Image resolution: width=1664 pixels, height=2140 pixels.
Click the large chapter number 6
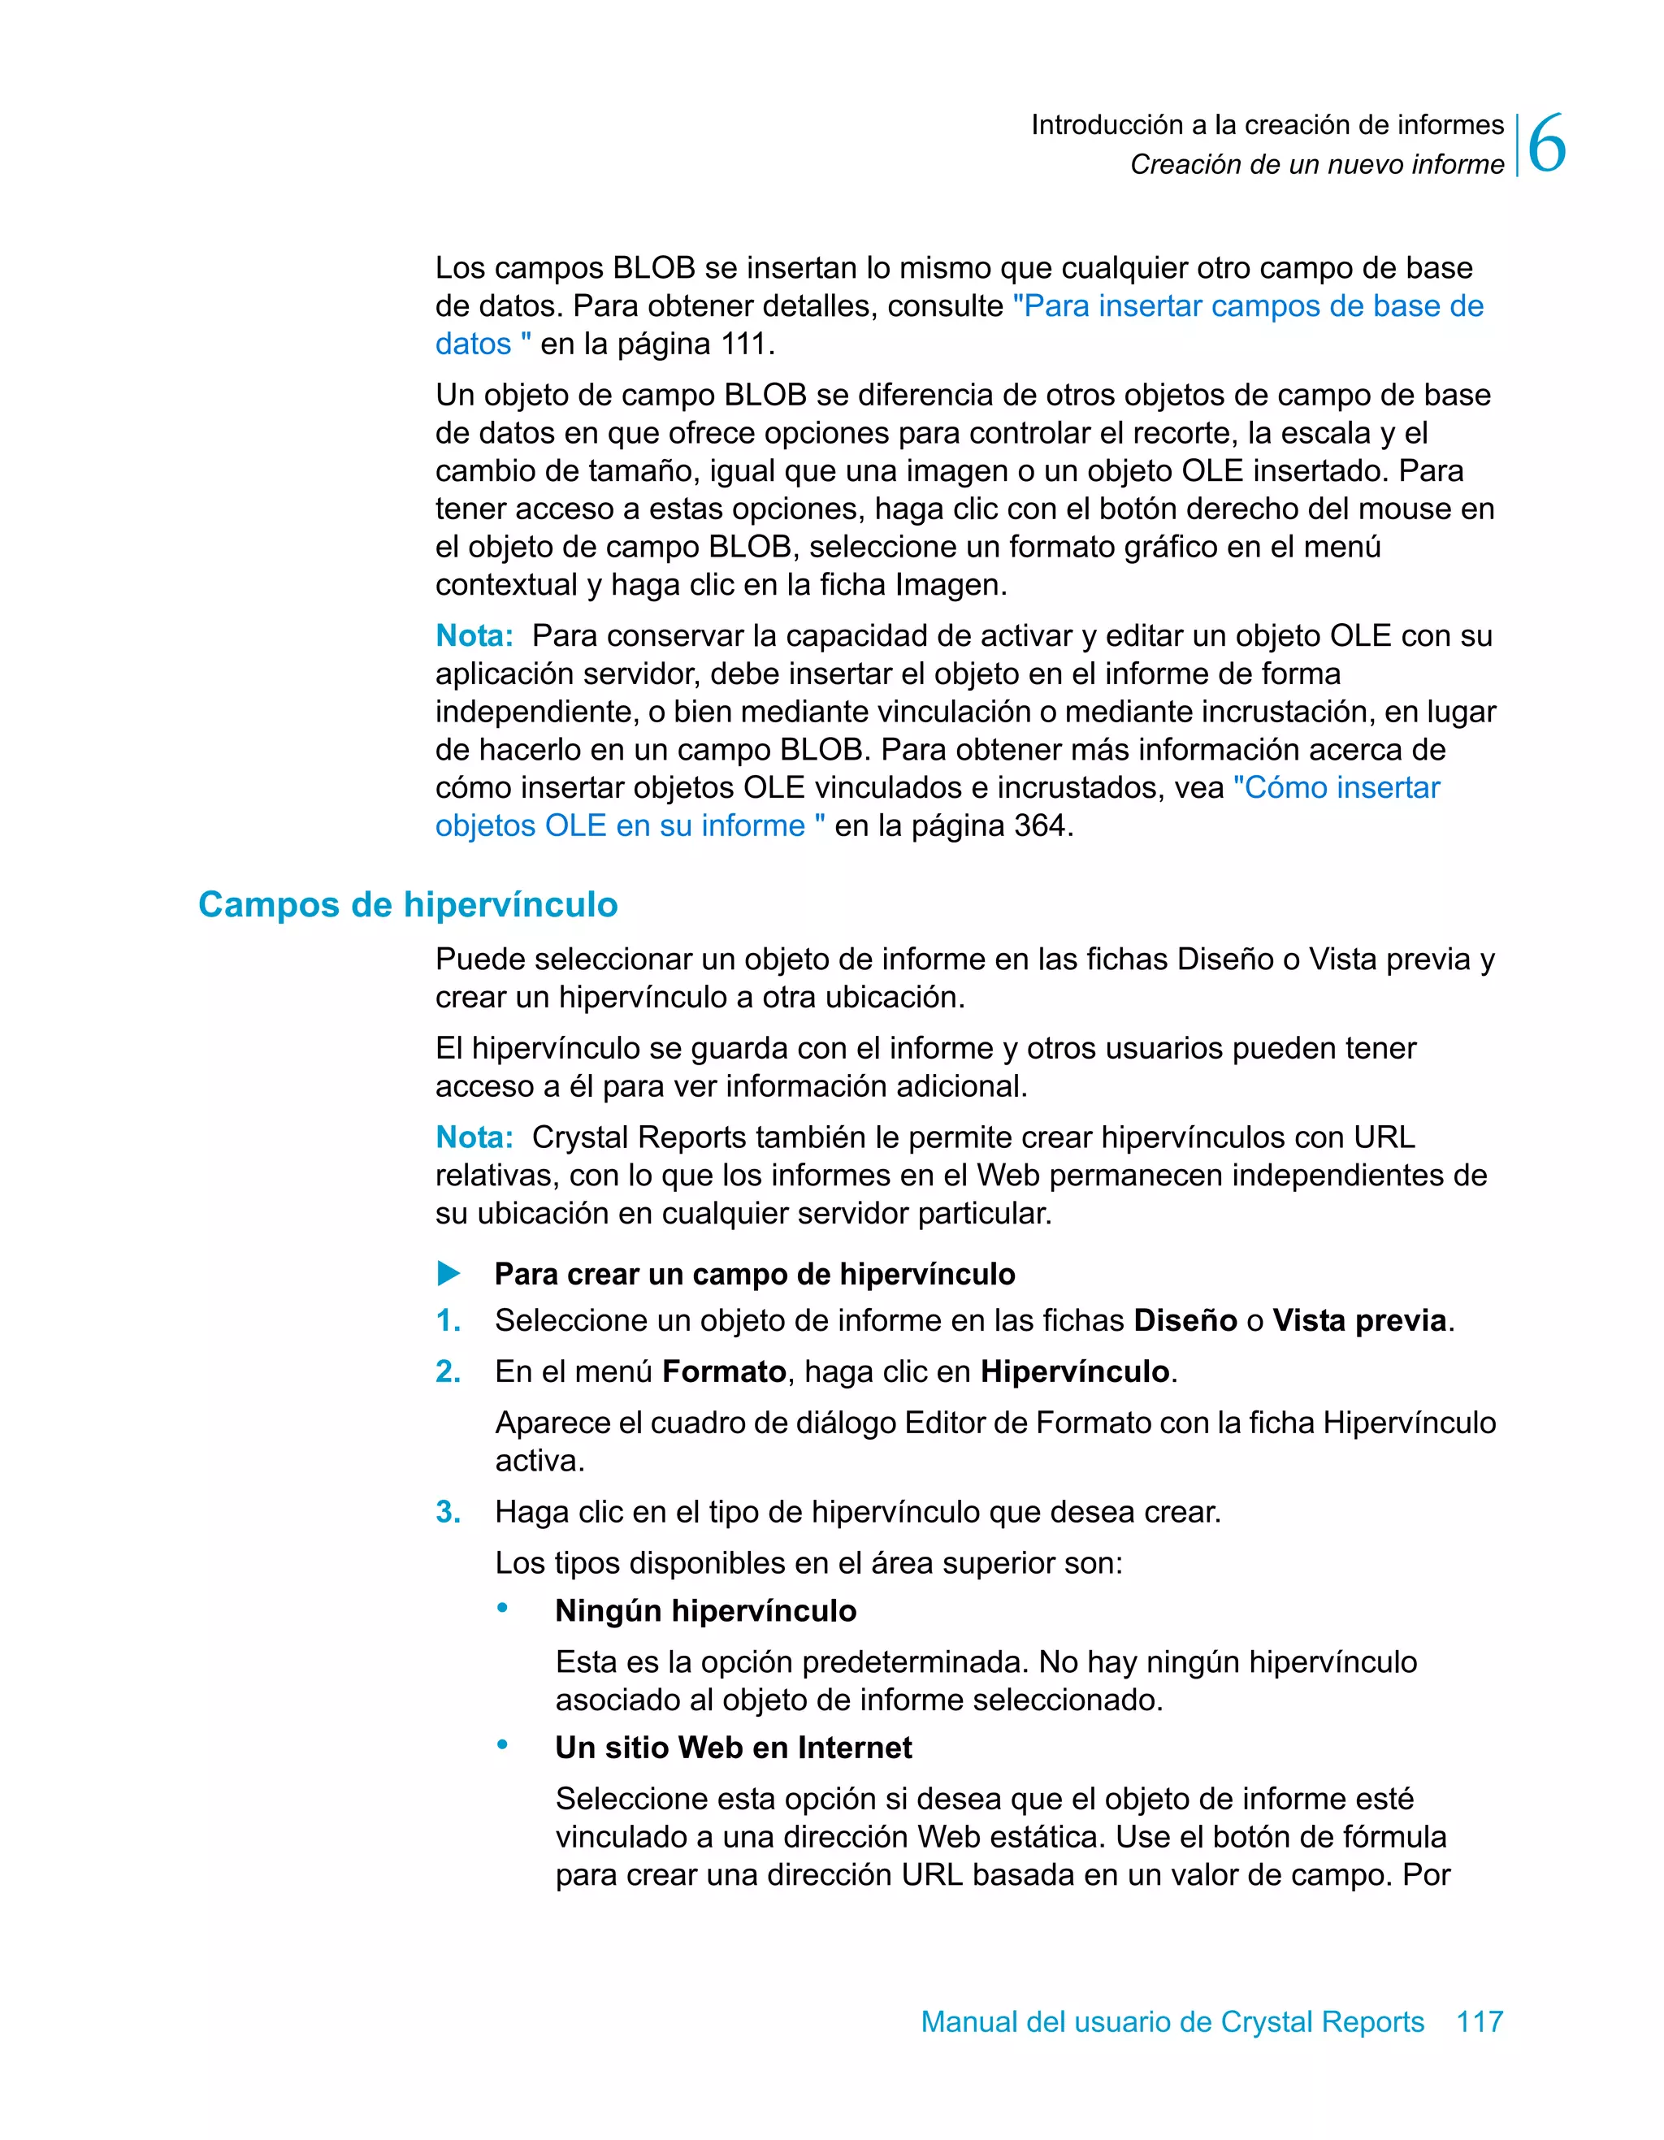[x=1546, y=145]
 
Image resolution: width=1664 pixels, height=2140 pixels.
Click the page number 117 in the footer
[x=1479, y=2021]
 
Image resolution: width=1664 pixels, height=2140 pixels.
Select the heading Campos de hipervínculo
[x=408, y=903]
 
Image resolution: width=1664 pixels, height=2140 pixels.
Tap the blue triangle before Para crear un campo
[x=448, y=1274]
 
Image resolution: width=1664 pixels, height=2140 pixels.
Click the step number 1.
[x=448, y=1321]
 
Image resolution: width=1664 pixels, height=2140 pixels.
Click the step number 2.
[x=448, y=1371]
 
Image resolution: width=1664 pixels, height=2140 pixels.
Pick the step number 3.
[x=448, y=1512]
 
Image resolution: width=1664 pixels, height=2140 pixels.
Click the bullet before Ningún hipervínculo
[x=503, y=1608]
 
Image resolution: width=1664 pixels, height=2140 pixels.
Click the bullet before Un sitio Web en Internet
[x=503, y=1745]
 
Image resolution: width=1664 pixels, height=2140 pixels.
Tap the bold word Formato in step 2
[x=724, y=1371]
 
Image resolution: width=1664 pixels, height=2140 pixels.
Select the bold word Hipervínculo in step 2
[x=1075, y=1371]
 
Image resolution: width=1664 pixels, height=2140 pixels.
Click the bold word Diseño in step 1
[x=1185, y=1321]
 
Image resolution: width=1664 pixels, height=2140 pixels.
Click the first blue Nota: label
[x=474, y=636]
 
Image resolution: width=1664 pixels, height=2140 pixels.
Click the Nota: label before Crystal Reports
[x=474, y=1137]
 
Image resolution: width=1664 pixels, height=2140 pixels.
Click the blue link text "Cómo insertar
[x=1336, y=788]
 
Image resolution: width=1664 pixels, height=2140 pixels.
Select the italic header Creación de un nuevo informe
[x=1316, y=165]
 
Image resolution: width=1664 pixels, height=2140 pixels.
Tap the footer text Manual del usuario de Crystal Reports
[x=1172, y=2021]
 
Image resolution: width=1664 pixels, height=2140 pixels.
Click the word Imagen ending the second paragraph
[x=950, y=585]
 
